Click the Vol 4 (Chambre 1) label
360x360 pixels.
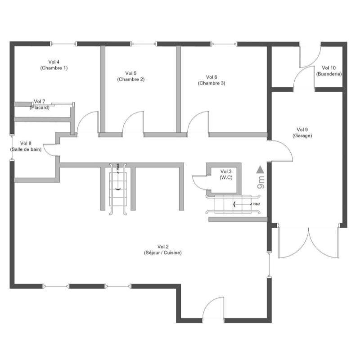[x=54, y=65]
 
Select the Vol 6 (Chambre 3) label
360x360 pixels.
[x=211, y=80]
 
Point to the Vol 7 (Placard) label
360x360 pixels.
[x=40, y=104]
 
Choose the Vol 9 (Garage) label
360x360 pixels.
[x=302, y=132]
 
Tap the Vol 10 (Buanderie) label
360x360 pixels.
[x=329, y=70]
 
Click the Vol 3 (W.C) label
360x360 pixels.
[x=226, y=174]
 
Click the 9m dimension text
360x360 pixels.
[x=261, y=183]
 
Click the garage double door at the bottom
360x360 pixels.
[x=308, y=241]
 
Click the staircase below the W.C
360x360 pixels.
[x=232, y=205]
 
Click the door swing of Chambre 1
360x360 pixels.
[x=87, y=122]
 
